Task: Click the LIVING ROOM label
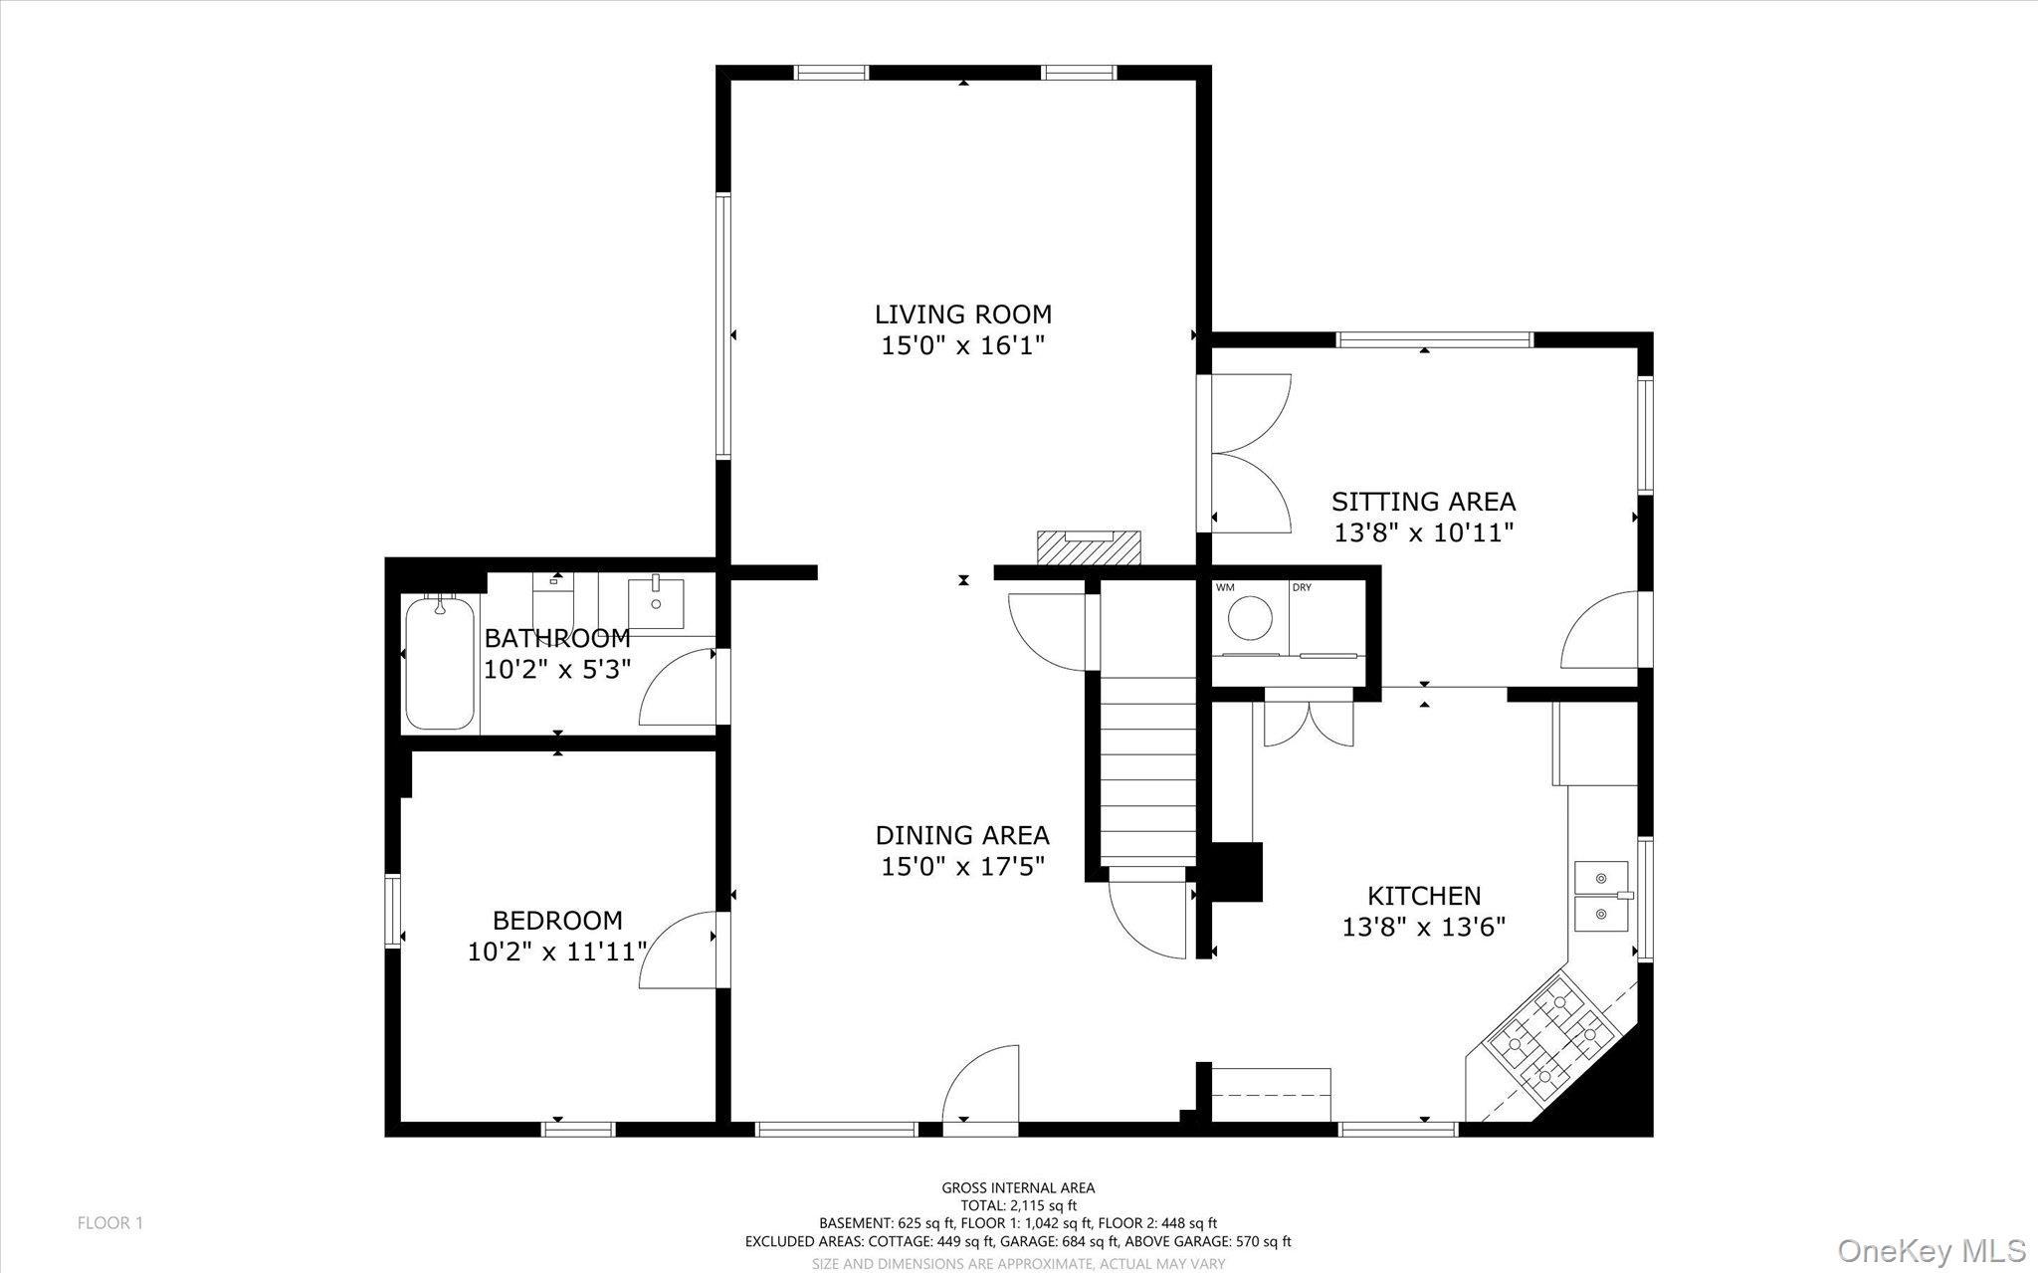point(962,315)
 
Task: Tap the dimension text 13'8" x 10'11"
point(1423,533)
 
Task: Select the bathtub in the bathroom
point(439,663)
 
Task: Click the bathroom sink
point(656,602)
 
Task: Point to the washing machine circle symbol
point(1250,617)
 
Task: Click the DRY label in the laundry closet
point(1302,587)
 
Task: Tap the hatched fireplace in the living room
point(1089,547)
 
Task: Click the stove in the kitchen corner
point(1550,1041)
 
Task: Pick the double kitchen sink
point(1602,896)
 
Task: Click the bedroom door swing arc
point(677,951)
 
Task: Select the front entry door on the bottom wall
point(980,1090)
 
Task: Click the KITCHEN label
point(1423,896)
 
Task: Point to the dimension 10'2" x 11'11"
point(557,953)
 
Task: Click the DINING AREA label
point(962,835)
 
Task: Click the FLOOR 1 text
point(110,1223)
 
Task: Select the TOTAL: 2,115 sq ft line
point(1018,1205)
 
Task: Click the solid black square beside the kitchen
point(1234,873)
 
